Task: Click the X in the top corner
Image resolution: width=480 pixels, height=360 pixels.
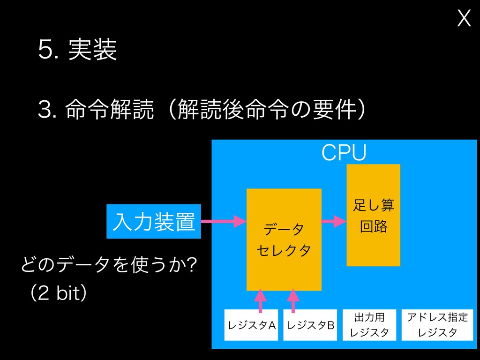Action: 464,19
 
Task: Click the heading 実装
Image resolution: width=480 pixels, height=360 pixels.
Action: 92,50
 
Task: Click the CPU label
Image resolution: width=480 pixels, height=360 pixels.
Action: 344,152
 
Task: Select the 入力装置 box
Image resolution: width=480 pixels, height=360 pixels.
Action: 153,221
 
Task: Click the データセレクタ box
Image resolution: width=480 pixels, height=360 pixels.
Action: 284,239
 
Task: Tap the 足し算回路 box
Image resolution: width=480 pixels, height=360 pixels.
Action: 373,215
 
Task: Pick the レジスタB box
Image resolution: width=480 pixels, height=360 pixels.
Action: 310,324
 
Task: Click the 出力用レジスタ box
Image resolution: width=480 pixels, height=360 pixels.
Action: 369,324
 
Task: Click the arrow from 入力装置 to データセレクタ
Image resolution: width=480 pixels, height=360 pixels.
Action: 224,221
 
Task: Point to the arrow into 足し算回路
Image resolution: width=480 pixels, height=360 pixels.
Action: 334,221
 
